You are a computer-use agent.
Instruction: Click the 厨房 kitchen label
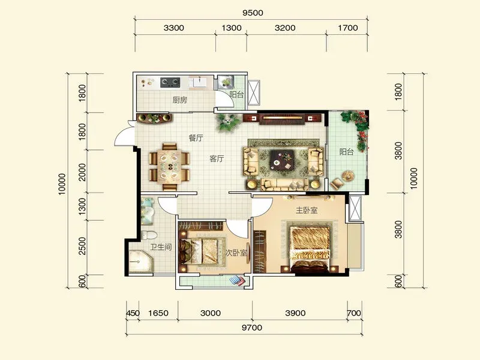(x=179, y=100)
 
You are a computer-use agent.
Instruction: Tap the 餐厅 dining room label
(x=196, y=138)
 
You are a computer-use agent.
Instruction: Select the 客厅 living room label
(x=217, y=158)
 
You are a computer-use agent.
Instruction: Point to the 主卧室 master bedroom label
(x=307, y=210)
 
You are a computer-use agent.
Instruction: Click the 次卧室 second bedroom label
(x=236, y=253)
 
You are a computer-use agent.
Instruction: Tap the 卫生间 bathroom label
(x=161, y=247)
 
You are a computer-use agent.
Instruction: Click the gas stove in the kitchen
(x=170, y=82)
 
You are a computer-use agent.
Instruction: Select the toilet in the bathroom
(x=149, y=235)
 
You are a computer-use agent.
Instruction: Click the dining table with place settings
(x=169, y=167)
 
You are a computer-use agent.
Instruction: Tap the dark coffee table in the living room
(x=282, y=161)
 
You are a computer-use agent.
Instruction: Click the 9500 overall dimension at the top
(x=253, y=13)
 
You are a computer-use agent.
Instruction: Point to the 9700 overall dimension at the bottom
(x=252, y=328)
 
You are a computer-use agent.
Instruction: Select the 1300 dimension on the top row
(x=232, y=28)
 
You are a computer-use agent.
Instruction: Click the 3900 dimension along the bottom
(x=295, y=313)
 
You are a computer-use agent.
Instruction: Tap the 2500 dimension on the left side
(x=82, y=246)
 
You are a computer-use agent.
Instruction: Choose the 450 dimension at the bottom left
(x=133, y=313)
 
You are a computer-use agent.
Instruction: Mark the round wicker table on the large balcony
(x=348, y=176)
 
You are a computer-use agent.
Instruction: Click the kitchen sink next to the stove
(x=199, y=82)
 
